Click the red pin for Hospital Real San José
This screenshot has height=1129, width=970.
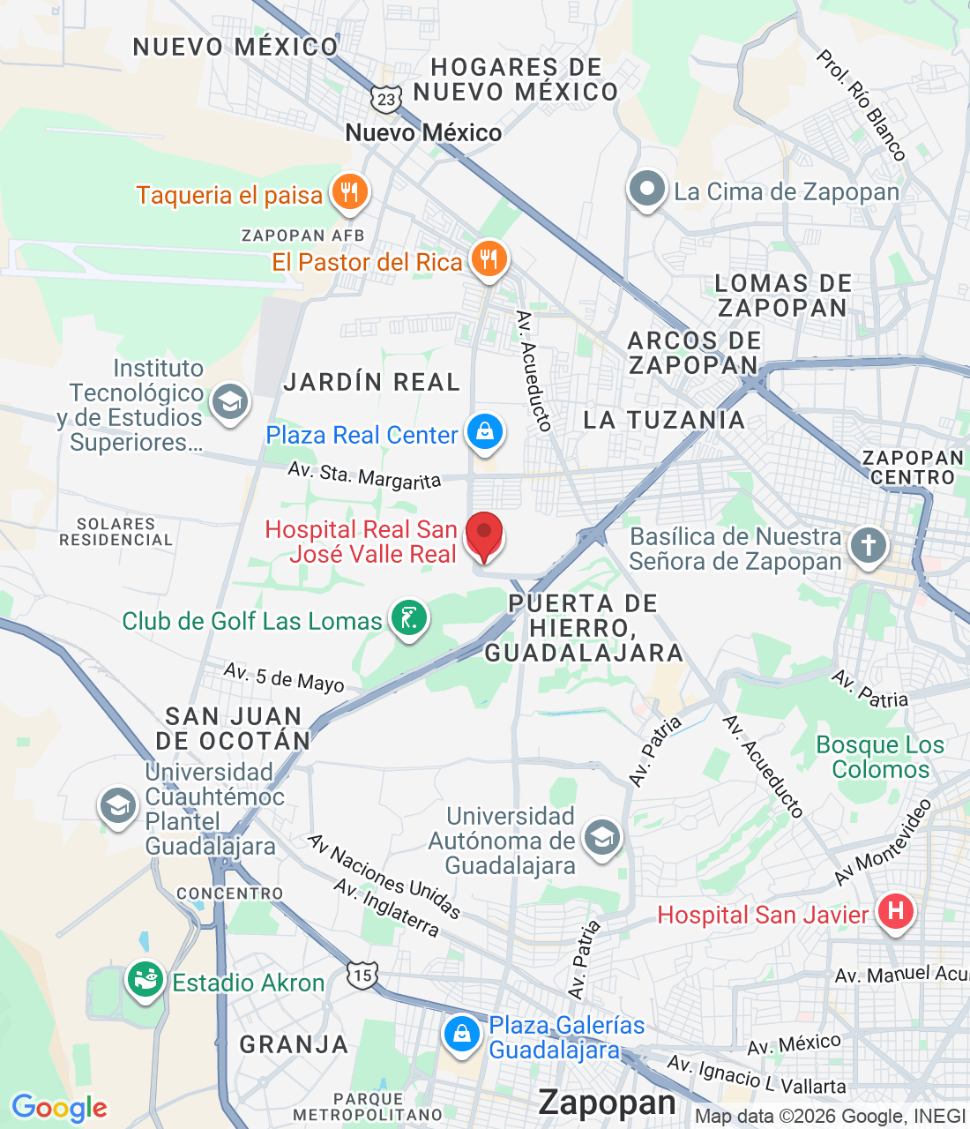tap(483, 535)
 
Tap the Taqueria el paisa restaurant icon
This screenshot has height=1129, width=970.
tap(350, 192)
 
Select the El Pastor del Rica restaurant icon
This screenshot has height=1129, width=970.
tap(489, 259)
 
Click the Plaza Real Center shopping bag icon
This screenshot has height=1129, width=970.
tap(484, 432)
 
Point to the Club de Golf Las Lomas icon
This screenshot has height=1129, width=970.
tap(408, 618)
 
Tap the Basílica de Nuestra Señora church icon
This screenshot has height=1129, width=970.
tap(868, 545)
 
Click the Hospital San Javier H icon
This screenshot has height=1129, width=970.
tap(895, 910)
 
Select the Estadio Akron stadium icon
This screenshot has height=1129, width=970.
tap(145, 979)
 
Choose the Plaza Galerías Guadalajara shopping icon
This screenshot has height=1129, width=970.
tap(461, 1035)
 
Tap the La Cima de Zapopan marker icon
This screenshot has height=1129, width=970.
tap(647, 189)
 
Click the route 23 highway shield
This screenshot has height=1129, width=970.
tap(386, 99)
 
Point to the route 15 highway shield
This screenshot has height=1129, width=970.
tap(362, 975)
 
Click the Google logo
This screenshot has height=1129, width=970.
tap(59, 1108)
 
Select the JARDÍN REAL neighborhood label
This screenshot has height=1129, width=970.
tap(371, 382)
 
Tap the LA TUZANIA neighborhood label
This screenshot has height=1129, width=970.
tap(664, 420)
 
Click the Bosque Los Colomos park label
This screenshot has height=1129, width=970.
tap(880, 757)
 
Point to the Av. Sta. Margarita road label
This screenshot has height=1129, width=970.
tap(364, 475)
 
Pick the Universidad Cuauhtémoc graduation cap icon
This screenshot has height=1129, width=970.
tap(117, 805)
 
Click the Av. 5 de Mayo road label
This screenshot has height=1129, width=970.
tap(284, 677)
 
